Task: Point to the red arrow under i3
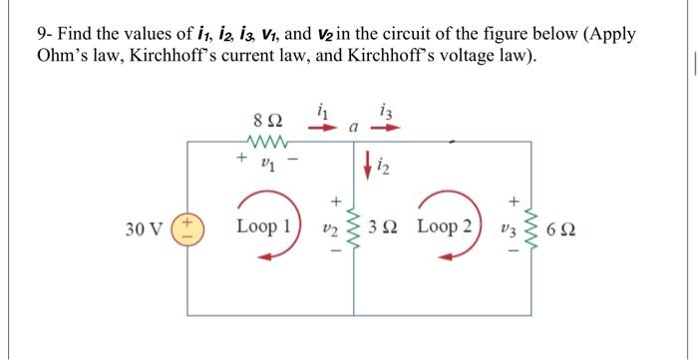(387, 129)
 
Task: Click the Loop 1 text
(262, 226)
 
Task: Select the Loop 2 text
(445, 226)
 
